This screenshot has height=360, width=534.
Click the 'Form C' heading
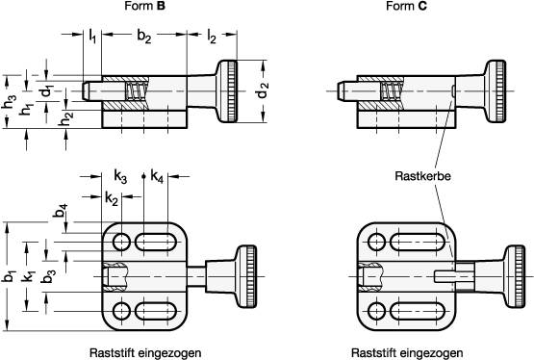(x=407, y=8)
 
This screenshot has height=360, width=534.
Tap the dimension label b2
(x=144, y=38)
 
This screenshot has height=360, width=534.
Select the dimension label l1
(x=91, y=38)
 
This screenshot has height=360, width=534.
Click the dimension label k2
(x=113, y=198)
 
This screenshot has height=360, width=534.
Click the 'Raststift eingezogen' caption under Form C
(x=405, y=352)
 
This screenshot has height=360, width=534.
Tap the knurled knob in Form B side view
(x=231, y=92)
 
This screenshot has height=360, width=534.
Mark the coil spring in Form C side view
(x=392, y=92)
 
